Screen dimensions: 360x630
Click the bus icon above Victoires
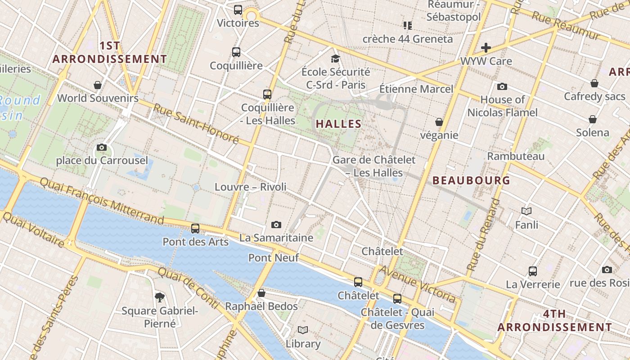pos(238,10)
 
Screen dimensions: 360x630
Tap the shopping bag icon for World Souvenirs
pos(98,85)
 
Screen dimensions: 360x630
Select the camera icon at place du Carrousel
pos(102,147)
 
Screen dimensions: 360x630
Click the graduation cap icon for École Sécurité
pos(335,58)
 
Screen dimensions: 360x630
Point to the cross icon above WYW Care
pos(486,48)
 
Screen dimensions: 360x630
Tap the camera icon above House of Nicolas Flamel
pos(502,86)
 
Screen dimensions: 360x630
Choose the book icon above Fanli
pos(526,211)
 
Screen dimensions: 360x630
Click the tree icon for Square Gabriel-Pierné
pos(159,297)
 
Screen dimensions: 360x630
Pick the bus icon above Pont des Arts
pos(195,229)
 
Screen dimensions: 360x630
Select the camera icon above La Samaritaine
pos(276,225)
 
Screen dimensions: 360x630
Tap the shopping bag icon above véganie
pos(439,122)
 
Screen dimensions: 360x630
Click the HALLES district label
pos(339,124)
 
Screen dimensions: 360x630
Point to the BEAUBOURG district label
pos(471,180)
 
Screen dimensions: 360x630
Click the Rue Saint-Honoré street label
pos(196,123)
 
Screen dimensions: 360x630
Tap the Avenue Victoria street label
pos(418,283)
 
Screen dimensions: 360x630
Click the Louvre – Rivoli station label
pos(251,187)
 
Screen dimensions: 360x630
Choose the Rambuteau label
pos(516,156)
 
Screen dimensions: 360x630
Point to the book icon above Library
pos(303,330)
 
